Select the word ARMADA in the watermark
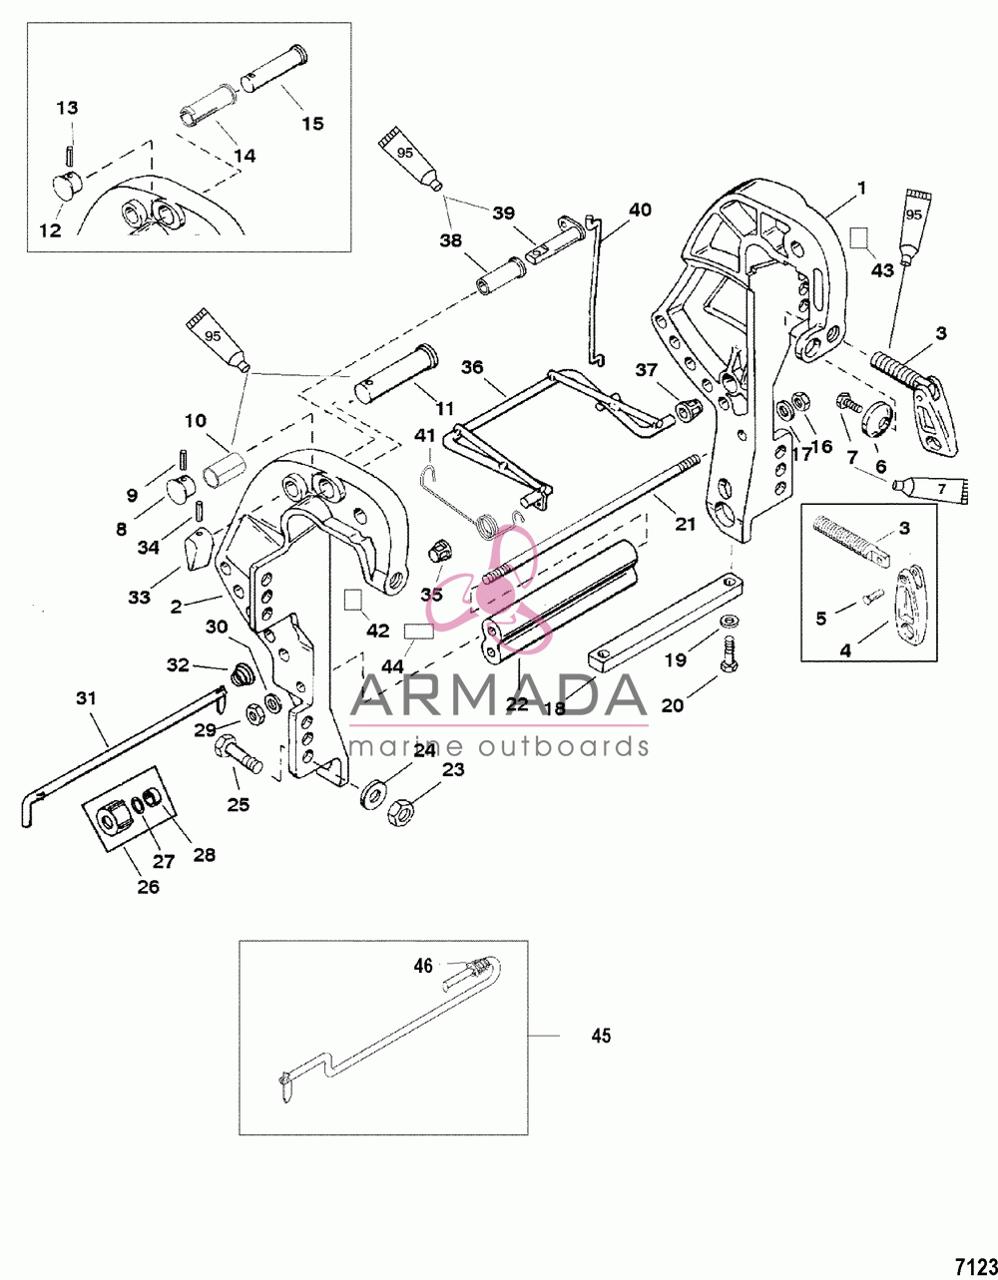(499, 693)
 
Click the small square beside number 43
(860, 239)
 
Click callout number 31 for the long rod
(86, 698)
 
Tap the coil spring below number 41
(487, 523)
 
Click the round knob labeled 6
(877, 417)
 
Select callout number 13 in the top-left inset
(67, 108)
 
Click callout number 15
(312, 123)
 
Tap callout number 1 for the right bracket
(862, 189)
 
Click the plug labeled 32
(240, 675)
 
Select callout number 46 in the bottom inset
(423, 966)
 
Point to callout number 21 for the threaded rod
(686, 523)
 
